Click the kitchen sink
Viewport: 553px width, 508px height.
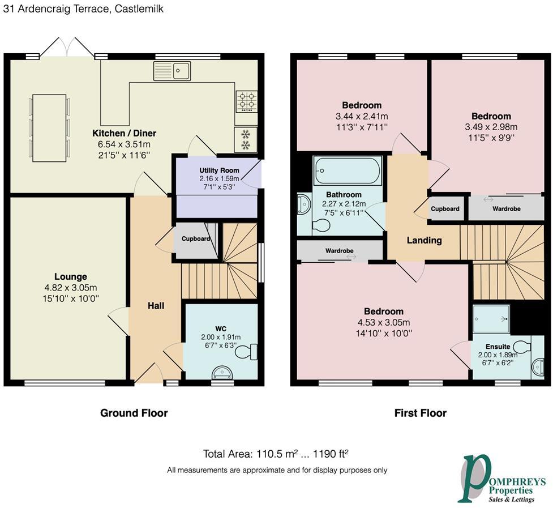click(172, 71)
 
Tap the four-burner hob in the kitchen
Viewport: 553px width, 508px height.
click(247, 101)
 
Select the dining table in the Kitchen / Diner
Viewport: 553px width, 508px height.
click(49, 128)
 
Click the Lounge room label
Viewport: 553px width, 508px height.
click(71, 276)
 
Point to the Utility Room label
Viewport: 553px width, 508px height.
click(219, 170)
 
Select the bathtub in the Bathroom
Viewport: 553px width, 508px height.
click(348, 170)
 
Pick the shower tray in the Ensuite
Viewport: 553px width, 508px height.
click(491, 319)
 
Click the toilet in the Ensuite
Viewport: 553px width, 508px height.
click(522, 346)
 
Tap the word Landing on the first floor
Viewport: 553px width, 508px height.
click(425, 240)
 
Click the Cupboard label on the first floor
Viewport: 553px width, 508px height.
click(445, 208)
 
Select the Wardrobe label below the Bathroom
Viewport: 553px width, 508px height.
click(339, 250)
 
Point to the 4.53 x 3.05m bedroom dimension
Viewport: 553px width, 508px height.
click(384, 322)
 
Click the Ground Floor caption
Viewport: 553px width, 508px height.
click(134, 413)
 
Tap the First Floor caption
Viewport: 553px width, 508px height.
click(421, 413)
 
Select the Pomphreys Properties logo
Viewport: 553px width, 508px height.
click(501, 479)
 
